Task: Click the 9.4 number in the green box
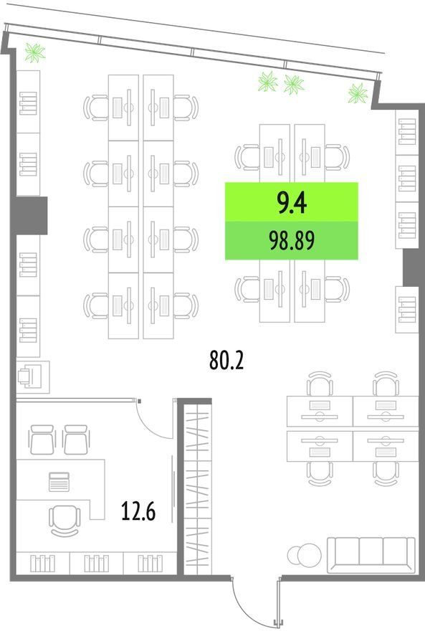(x=292, y=203)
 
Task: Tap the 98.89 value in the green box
(x=292, y=241)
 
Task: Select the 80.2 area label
(x=226, y=360)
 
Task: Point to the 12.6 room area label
(x=138, y=511)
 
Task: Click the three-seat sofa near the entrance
(x=371, y=554)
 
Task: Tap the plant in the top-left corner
(x=35, y=53)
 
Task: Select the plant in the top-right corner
(x=358, y=93)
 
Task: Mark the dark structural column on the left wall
(x=31, y=215)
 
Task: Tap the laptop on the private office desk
(x=59, y=482)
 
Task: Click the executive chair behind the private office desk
(x=65, y=521)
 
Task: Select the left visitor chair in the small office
(x=42, y=440)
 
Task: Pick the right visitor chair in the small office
(x=76, y=440)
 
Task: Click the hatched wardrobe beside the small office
(x=197, y=489)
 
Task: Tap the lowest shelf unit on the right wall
(x=407, y=310)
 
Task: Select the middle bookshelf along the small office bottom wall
(x=97, y=563)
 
